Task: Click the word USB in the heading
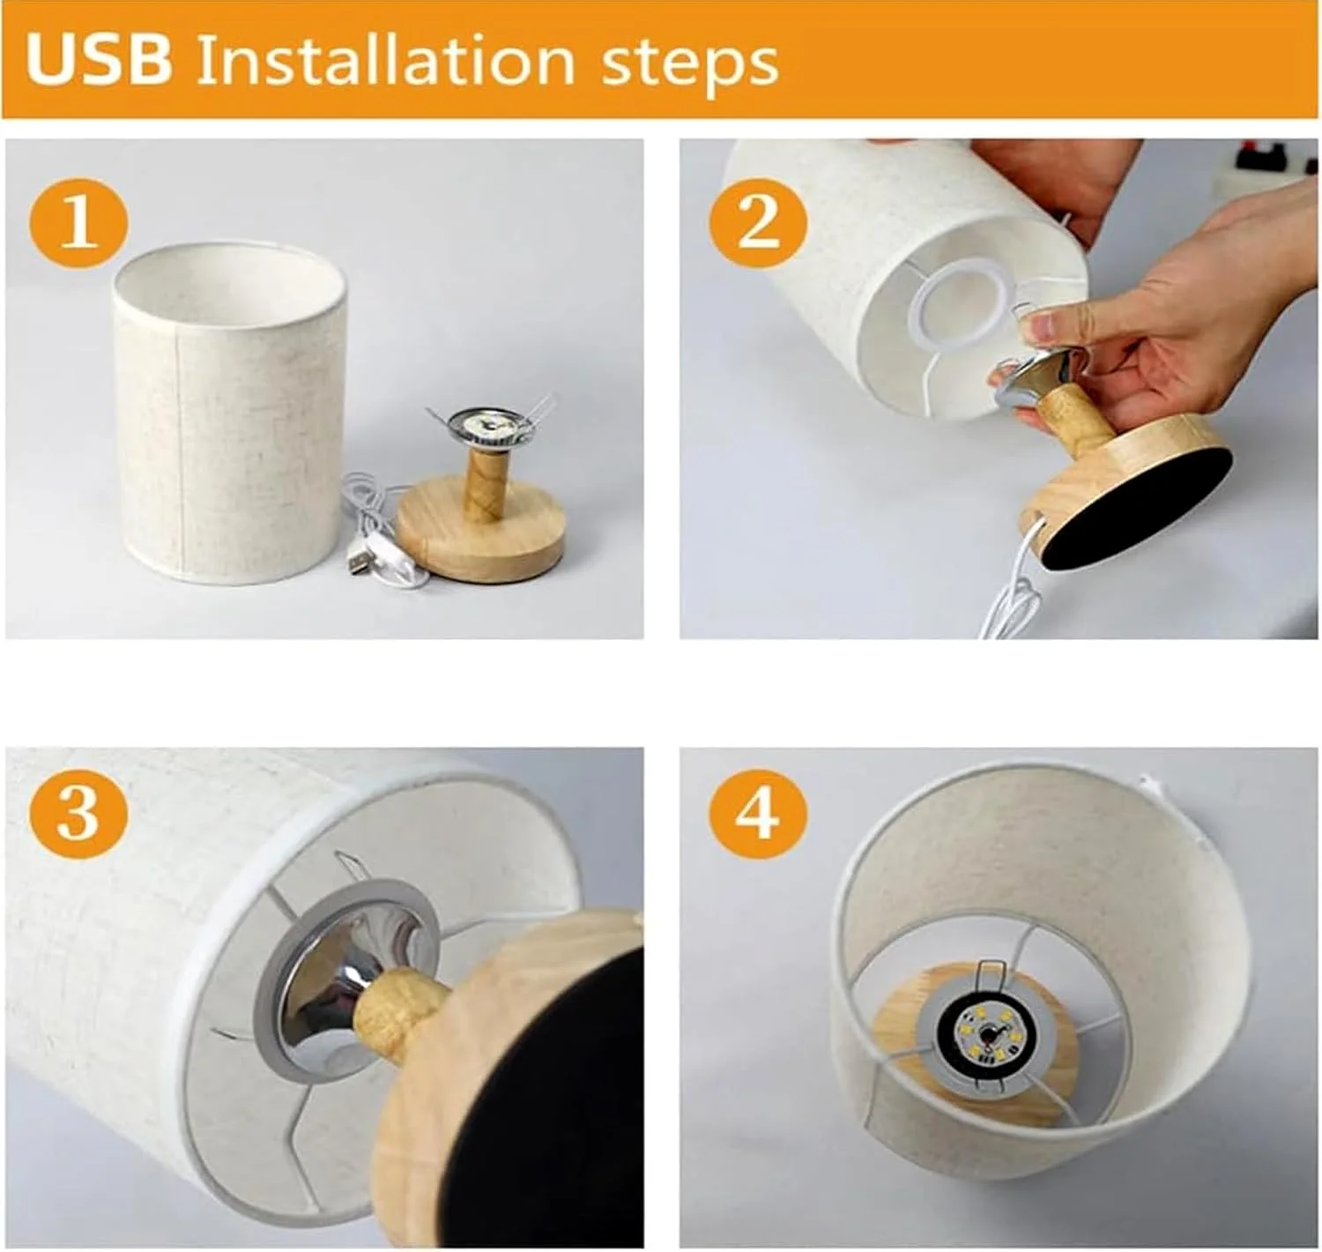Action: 99,61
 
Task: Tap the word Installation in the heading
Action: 385,61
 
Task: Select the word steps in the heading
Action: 690,65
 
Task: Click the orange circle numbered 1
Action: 78,223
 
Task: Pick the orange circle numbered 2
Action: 759,223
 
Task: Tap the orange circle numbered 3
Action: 78,814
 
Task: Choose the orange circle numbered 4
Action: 759,814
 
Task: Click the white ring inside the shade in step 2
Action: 962,305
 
